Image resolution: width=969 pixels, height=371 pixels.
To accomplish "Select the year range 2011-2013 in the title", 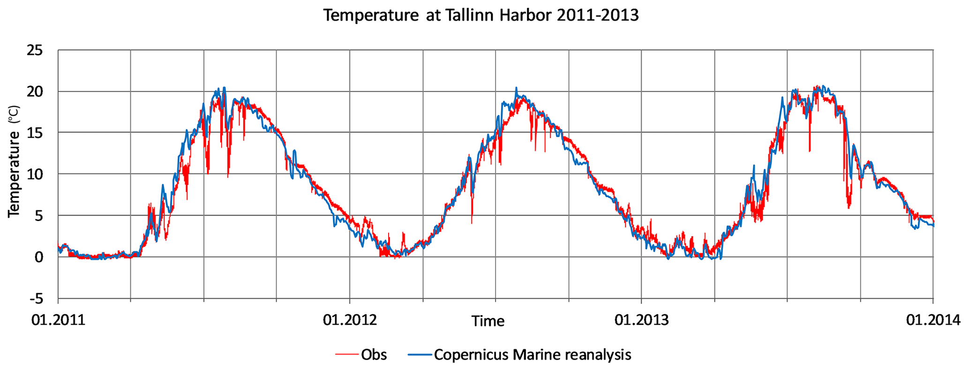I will (x=598, y=15).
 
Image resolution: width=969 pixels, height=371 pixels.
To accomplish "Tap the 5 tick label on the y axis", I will (x=38, y=216).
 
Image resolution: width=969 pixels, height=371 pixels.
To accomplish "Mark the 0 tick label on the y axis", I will (x=38, y=257).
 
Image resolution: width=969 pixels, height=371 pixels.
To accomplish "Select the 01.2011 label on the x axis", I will (x=58, y=320).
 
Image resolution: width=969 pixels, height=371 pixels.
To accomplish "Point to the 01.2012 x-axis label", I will (x=350, y=320).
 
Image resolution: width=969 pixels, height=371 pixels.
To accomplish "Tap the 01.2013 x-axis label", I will (x=641, y=320).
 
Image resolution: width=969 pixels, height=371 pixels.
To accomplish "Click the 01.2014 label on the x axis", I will (x=933, y=320).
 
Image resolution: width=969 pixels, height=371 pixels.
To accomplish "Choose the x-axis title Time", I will (x=488, y=321).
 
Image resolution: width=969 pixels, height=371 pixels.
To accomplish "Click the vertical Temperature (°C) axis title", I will (x=14, y=160).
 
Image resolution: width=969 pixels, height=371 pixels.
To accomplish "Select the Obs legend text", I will (x=374, y=355).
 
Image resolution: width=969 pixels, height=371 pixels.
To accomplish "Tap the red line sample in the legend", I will (x=347, y=355).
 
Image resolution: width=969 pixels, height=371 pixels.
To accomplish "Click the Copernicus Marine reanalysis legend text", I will (x=533, y=355).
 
